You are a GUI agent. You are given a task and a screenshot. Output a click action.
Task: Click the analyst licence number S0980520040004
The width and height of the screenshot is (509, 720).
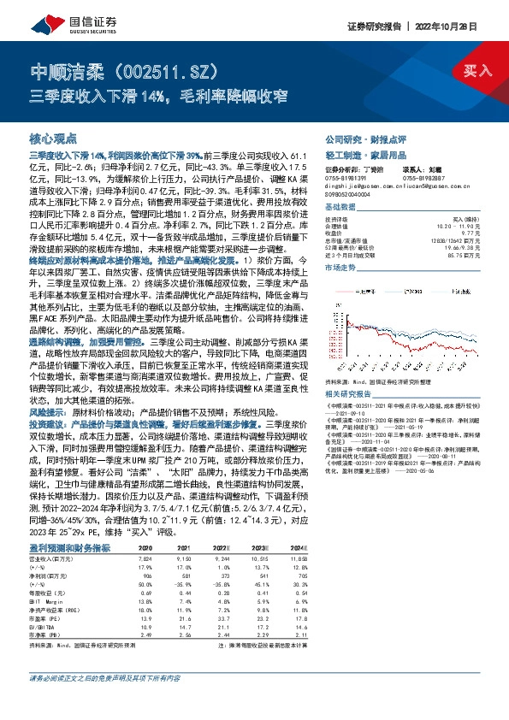click(x=351, y=194)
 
